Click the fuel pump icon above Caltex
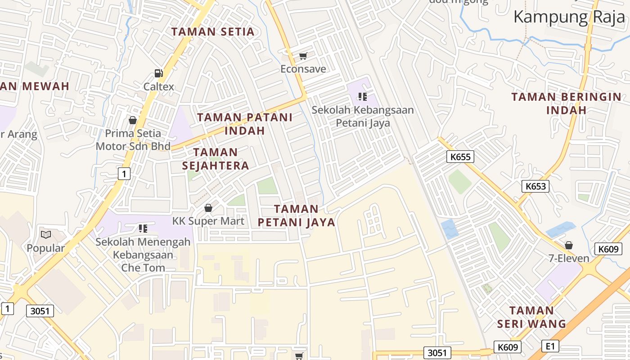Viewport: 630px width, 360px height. (158, 73)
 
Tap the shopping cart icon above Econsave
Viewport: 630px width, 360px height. (303, 56)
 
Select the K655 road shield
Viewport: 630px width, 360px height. (460, 157)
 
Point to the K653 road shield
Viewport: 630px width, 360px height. (535, 186)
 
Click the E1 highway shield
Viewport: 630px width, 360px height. (550, 346)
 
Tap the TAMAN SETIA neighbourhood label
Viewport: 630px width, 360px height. (213, 32)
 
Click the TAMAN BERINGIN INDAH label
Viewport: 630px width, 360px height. (566, 103)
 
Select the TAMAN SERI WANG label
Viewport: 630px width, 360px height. (531, 317)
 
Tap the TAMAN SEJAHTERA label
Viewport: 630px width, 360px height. (215, 159)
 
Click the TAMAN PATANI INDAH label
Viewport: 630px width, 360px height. (244, 124)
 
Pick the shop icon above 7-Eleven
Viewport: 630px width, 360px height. (569, 245)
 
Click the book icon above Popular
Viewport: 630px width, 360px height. (45, 234)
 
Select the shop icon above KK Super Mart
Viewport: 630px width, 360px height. (208, 208)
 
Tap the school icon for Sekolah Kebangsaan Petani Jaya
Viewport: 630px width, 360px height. (362, 96)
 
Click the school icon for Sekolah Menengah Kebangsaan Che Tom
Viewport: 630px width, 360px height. (143, 229)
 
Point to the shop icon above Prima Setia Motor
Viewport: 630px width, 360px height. (133, 120)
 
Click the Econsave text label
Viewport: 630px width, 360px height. (303, 69)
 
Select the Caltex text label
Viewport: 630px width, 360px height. (158, 86)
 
